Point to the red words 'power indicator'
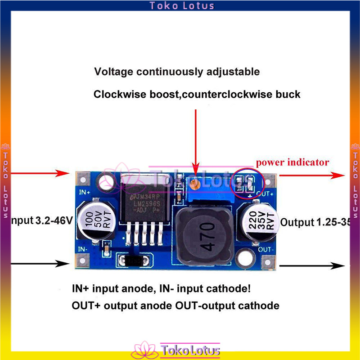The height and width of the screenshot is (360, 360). click(292, 162)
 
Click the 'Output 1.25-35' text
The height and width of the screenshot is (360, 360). click(315, 222)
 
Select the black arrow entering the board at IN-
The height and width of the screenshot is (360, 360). click(36, 263)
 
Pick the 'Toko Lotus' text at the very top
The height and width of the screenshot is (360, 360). click(182, 6)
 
